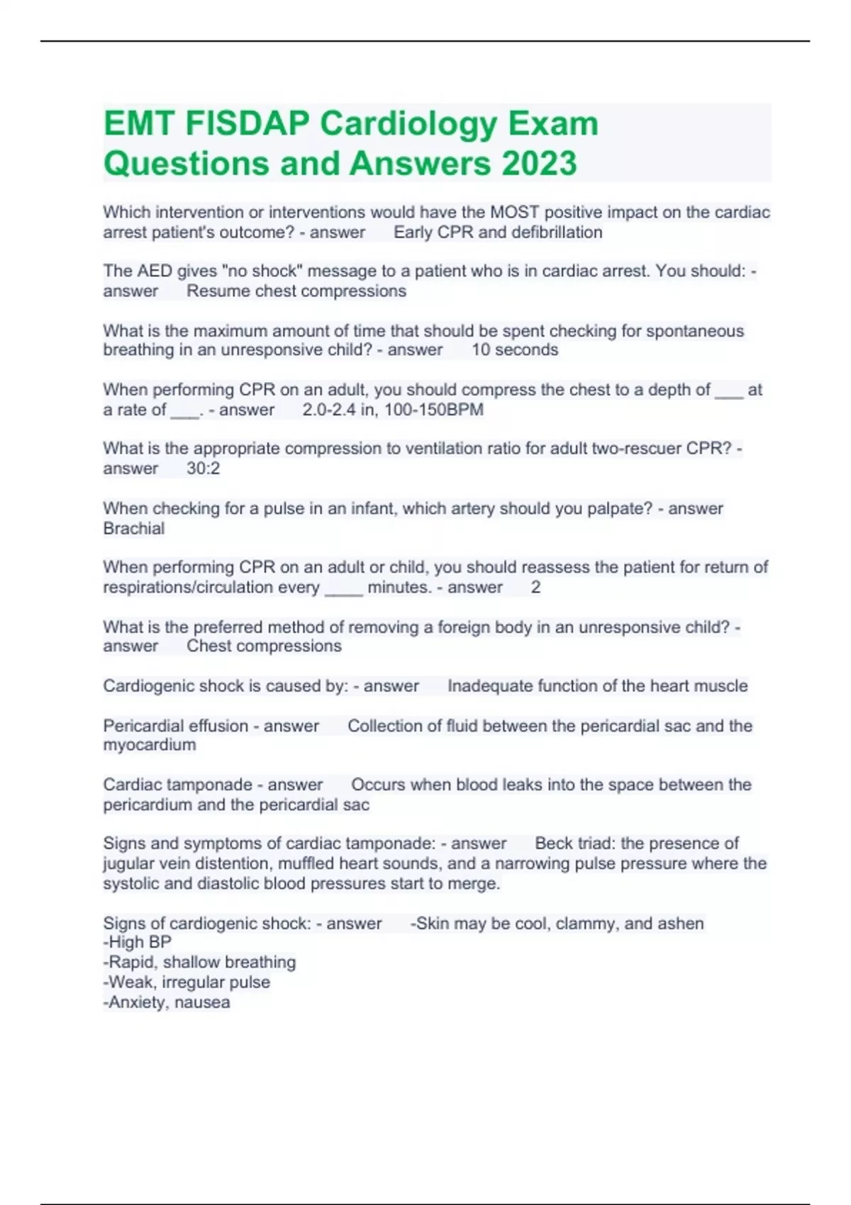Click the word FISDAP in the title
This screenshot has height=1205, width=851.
click(247, 123)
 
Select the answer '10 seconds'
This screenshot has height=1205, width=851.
click(515, 350)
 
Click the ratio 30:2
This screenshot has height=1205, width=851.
click(204, 469)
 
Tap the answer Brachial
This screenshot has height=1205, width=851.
click(133, 529)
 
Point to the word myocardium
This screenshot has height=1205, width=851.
click(150, 745)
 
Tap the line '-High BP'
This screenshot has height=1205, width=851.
click(138, 942)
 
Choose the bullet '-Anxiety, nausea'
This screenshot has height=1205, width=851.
click(167, 1002)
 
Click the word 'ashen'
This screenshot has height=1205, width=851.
click(681, 924)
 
